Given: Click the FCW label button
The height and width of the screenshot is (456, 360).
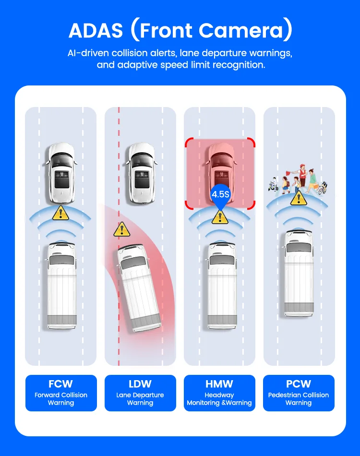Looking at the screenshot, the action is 61,393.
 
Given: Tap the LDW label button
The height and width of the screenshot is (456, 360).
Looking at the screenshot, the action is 140,393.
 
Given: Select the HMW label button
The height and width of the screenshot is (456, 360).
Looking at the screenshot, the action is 219,393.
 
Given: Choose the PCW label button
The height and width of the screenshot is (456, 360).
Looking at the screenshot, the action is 299,393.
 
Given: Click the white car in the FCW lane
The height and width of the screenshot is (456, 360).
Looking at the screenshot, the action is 61,173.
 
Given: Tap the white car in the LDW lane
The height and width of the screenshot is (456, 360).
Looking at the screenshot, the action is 141,173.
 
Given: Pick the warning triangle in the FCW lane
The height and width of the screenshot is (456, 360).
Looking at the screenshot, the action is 60,213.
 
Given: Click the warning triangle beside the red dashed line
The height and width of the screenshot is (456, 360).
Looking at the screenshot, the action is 121,229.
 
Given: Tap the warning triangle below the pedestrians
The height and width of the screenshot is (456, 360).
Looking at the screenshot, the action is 299,198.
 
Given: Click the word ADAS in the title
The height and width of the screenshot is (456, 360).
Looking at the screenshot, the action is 96,30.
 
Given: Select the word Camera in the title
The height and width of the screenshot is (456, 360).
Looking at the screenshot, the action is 245,30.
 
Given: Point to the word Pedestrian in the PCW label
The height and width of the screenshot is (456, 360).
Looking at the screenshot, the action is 284,395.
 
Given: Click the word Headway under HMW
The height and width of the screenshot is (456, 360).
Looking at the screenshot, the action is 219,395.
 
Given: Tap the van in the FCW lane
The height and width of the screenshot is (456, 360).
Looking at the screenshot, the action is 61,287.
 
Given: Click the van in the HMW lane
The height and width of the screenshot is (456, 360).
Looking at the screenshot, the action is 222,287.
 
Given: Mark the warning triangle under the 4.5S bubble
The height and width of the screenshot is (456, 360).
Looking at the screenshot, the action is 220,217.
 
